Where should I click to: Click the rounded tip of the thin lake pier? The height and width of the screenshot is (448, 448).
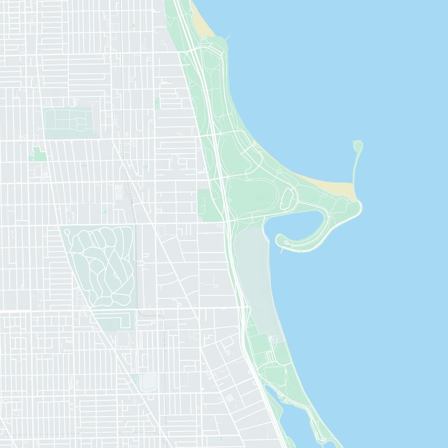tap(358, 146)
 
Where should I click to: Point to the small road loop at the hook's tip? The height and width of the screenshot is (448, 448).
tap(287, 242)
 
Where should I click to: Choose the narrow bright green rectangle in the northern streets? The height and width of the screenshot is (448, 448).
tap(157, 103)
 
